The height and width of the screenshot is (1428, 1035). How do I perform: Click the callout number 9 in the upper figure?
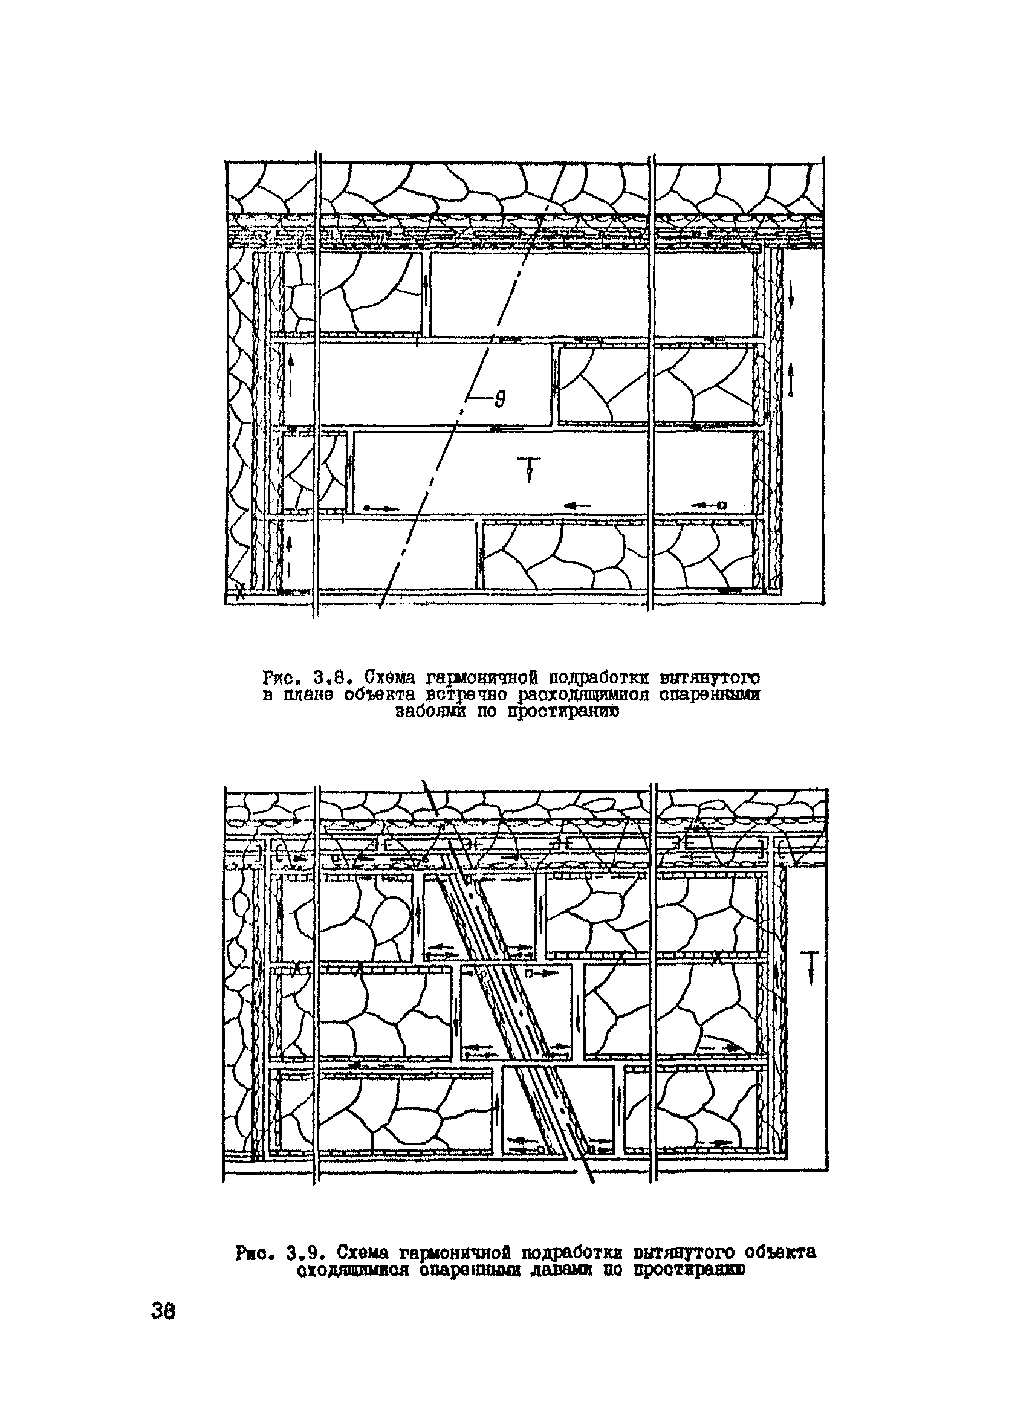499,400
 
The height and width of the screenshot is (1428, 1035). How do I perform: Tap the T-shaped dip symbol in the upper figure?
529,469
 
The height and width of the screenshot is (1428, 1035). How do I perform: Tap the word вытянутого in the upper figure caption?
708,679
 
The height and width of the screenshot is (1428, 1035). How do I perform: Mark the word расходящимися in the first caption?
586,696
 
